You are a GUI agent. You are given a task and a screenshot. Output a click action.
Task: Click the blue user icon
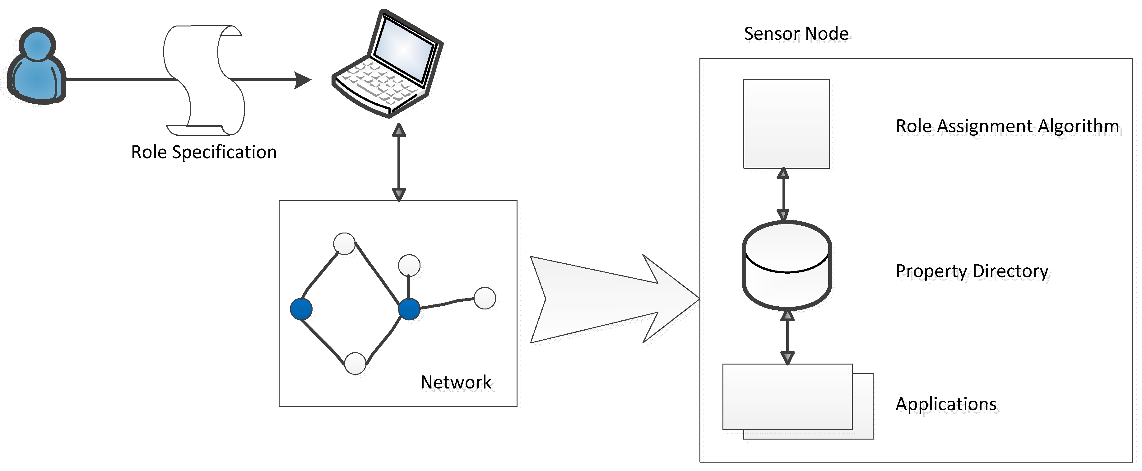37,67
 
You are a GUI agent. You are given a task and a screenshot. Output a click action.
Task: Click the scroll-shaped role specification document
204,80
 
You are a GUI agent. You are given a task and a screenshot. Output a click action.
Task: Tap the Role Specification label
204,152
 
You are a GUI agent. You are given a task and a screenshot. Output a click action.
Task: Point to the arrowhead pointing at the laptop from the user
303,80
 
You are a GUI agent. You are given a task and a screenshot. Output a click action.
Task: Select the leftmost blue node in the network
301,309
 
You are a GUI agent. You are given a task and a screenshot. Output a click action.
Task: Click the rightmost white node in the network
485,298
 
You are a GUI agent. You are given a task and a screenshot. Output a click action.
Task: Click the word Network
456,382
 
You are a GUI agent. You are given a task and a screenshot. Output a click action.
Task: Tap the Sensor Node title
796,34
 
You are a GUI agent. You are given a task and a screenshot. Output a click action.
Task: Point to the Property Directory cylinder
787,266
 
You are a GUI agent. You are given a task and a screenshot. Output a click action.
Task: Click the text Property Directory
972,271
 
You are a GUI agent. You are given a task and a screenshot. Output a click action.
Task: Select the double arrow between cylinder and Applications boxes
787,337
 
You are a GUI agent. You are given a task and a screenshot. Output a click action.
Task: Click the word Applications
946,404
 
